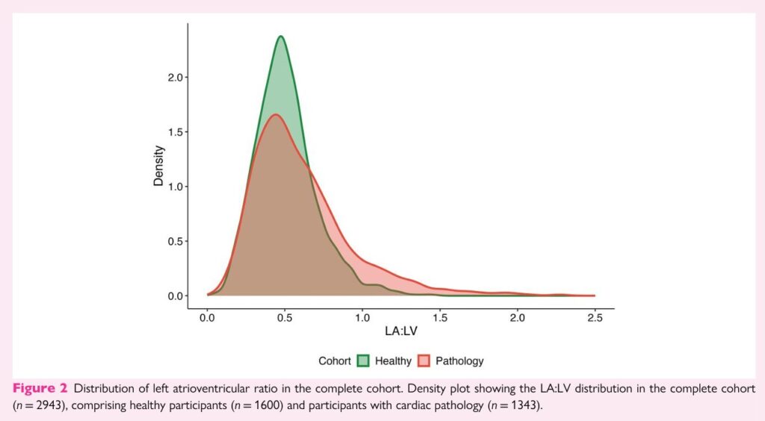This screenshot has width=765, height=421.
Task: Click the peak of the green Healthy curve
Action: tap(281, 37)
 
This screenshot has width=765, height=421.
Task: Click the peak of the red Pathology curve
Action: tap(275, 115)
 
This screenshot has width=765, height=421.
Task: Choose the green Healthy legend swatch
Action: tap(362, 361)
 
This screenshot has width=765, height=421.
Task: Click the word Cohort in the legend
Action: tap(334, 361)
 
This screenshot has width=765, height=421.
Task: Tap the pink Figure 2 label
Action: tap(41, 389)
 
